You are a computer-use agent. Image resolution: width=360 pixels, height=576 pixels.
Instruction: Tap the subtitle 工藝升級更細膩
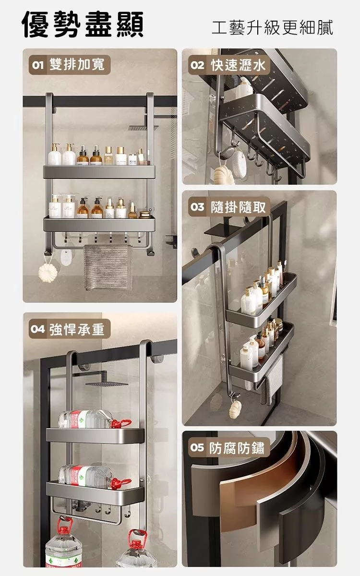[272, 27]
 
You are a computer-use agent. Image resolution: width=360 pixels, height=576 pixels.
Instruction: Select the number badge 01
[37, 65]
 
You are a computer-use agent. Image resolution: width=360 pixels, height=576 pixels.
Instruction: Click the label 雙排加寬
[77, 64]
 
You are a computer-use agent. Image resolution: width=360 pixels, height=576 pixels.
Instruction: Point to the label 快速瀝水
[239, 65]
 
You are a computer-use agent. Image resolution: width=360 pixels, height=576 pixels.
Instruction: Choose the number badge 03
[197, 207]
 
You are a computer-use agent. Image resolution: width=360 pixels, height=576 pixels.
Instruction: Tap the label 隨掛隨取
[239, 207]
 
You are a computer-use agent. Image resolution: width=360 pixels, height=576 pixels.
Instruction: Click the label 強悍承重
[77, 329]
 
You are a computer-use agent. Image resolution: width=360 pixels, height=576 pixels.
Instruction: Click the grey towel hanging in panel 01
[108, 267]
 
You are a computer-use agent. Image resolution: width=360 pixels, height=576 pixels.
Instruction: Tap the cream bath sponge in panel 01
[48, 273]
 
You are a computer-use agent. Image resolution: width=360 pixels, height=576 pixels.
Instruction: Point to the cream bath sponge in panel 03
[235, 409]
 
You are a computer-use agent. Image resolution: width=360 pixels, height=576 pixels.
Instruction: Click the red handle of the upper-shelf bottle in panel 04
[121, 423]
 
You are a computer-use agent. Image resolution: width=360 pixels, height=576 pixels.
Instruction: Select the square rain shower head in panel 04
[107, 383]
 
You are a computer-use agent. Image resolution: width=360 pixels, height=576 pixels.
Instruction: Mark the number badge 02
[197, 65]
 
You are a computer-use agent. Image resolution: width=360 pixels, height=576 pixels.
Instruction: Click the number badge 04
[37, 329]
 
